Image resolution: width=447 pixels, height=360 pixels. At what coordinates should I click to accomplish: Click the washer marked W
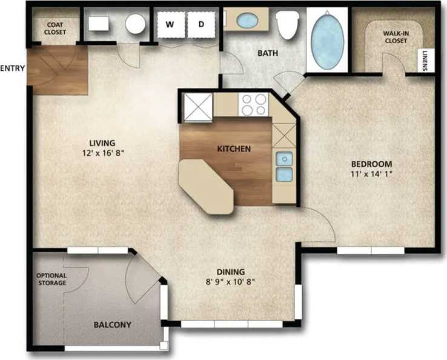tap(170, 25)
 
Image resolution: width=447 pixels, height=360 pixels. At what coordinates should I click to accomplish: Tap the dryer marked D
tap(202, 25)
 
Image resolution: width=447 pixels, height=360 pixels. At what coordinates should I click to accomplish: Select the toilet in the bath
tap(287, 23)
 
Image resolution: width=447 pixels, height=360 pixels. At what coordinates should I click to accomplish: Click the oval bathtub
tap(327, 38)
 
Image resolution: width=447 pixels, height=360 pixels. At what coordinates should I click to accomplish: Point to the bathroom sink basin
tap(247, 21)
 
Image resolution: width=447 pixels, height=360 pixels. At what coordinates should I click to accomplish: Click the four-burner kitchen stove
tap(254, 104)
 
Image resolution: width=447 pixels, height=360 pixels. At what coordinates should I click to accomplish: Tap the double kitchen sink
tap(283, 167)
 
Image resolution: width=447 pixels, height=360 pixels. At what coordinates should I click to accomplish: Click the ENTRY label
tap(12, 68)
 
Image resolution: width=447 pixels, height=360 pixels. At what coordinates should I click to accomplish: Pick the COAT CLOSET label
tap(55, 28)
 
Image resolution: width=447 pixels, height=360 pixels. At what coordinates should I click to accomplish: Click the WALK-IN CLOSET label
tap(395, 36)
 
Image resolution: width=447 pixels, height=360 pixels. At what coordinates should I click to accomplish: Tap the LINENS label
tap(428, 59)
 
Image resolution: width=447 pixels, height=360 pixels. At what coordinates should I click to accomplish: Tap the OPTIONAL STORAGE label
tap(51, 279)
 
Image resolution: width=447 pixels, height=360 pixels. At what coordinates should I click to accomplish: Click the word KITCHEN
tap(234, 148)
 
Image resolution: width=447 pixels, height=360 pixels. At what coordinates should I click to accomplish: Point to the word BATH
tap(268, 53)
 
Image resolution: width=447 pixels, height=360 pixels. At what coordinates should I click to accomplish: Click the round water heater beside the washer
tap(135, 24)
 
